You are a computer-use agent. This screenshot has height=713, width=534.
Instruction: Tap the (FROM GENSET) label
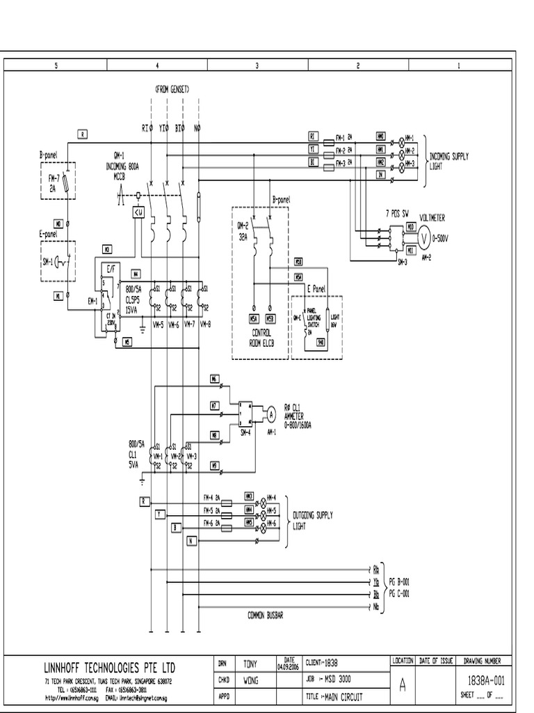coord(172,89)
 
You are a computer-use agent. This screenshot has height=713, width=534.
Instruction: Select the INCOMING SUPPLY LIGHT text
coord(448,162)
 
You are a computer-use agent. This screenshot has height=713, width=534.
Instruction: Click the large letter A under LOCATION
coord(402,685)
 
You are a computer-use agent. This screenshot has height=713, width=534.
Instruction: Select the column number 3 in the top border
coord(258,65)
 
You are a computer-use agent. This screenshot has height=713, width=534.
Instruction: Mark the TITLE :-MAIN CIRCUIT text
coord(334,696)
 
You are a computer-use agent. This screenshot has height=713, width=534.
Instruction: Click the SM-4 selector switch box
coord(245,414)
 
